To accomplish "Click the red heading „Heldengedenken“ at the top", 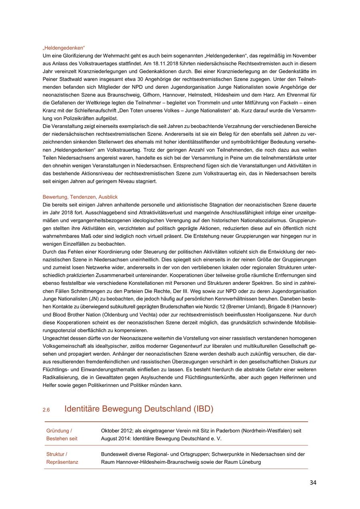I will tap(64, 48).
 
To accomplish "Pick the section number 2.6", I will tap(46, 410).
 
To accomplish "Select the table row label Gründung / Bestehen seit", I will tap(62, 435).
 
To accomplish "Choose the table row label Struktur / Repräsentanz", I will tap(62, 458).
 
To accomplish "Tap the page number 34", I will tap(313, 483).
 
